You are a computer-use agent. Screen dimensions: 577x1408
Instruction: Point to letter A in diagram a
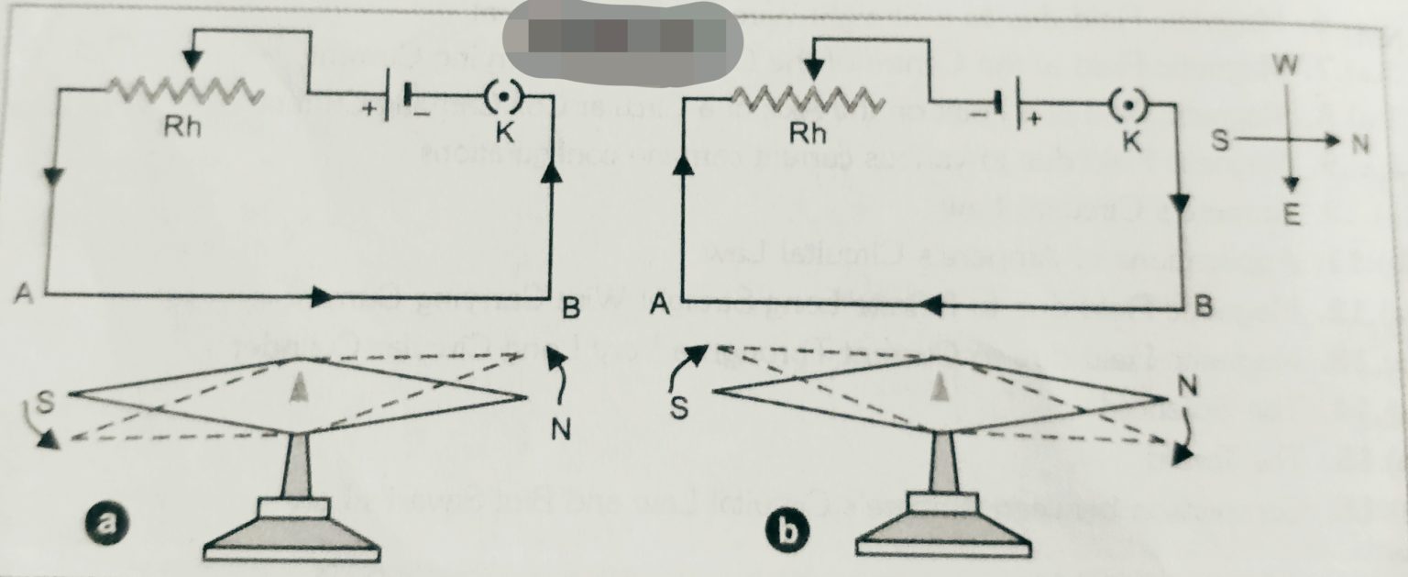point(24,294)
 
